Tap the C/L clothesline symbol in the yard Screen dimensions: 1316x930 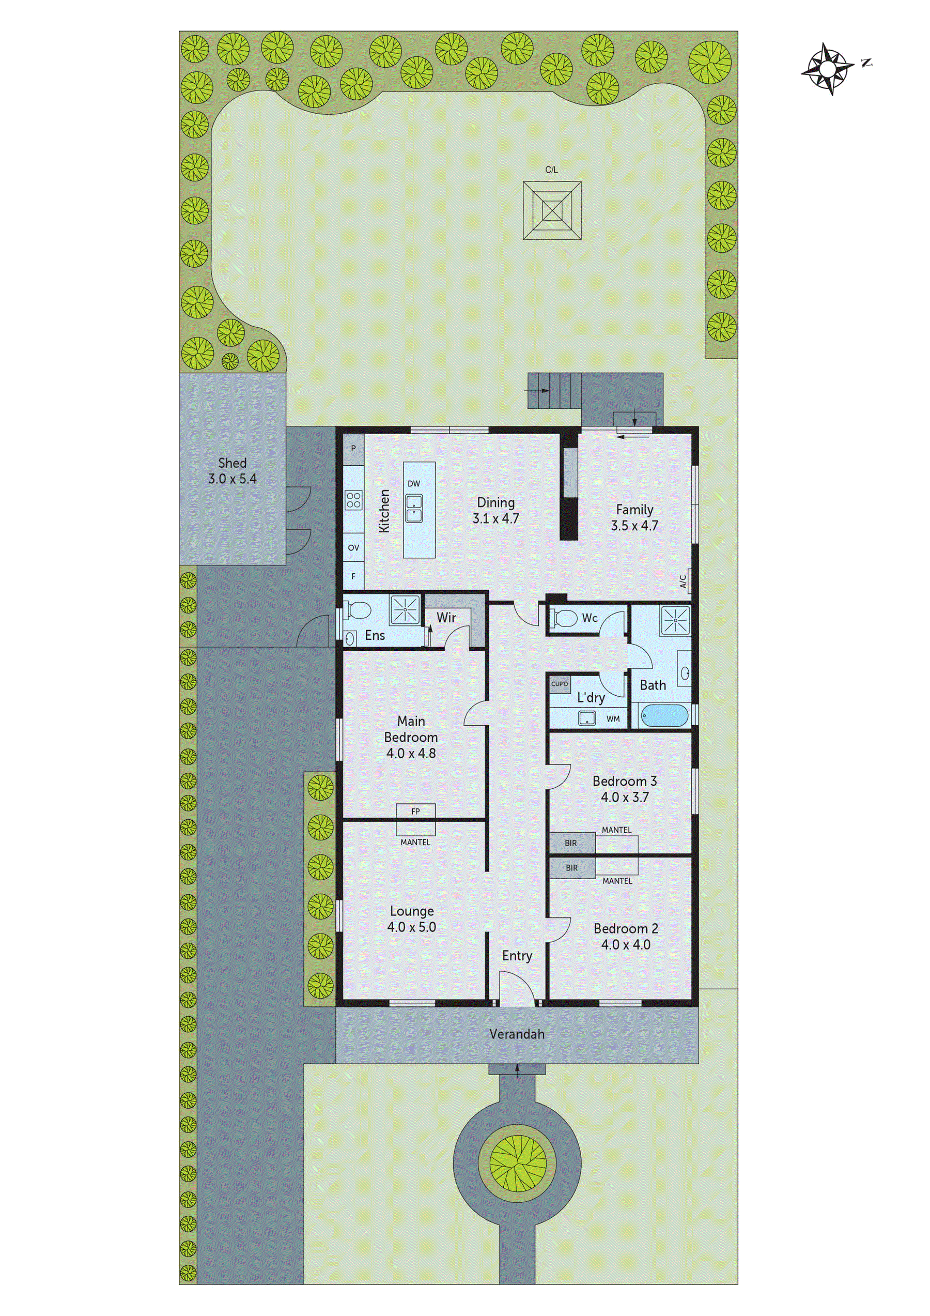point(552,210)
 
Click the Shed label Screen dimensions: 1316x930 point(232,463)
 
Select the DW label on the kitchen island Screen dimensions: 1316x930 point(414,484)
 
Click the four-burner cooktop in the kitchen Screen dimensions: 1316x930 point(353,500)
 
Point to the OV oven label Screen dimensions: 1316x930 point(353,548)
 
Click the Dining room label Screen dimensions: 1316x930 point(495,502)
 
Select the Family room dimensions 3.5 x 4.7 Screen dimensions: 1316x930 point(634,526)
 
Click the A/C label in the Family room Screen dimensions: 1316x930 point(683,582)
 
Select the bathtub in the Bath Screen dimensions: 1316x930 point(663,716)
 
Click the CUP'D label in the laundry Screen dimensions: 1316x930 point(560,684)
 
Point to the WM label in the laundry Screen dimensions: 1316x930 point(613,719)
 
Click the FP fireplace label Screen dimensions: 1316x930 point(415,811)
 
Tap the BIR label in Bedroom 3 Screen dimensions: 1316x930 point(571,843)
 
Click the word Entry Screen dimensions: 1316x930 point(517,956)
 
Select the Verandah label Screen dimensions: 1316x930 point(517,1034)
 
